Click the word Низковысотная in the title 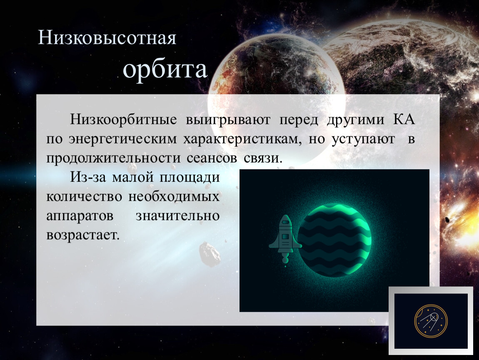(x=107, y=38)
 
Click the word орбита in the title (x=165, y=70)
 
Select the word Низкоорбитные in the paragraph (x=123, y=120)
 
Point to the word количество (x=84, y=197)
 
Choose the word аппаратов (x=80, y=216)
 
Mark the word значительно (x=178, y=216)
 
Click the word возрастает (x=83, y=235)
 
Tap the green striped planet (x=334, y=240)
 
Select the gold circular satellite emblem (x=431, y=321)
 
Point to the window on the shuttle (x=285, y=237)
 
